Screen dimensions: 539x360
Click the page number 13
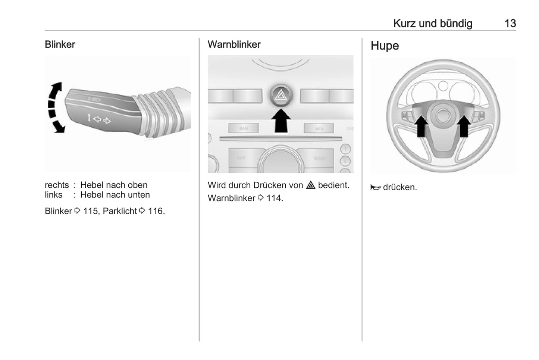pyautogui.click(x=510, y=24)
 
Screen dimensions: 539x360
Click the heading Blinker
pyautogui.click(x=60, y=44)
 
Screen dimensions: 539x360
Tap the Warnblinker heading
pyautogui.click(x=234, y=44)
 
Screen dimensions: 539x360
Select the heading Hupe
pyautogui.click(x=385, y=46)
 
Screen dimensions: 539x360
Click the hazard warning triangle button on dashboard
pyautogui.click(x=281, y=95)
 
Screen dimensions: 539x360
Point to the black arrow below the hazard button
pyautogui.click(x=281, y=120)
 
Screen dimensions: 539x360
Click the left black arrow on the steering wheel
pyautogui.click(x=421, y=126)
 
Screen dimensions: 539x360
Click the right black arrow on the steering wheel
pyautogui.click(x=464, y=126)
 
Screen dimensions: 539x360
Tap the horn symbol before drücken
pyautogui.click(x=375, y=187)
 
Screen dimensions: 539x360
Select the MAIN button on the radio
pyautogui.click(x=244, y=128)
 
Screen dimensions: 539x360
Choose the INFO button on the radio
pyautogui.click(x=319, y=128)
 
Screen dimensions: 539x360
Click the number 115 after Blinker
pyautogui.click(x=91, y=211)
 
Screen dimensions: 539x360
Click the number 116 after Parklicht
pyautogui.click(x=155, y=211)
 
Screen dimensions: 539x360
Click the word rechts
pyautogui.click(x=57, y=185)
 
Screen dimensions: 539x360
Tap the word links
pyautogui.click(x=53, y=195)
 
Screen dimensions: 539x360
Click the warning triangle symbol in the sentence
pyautogui.click(x=311, y=185)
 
